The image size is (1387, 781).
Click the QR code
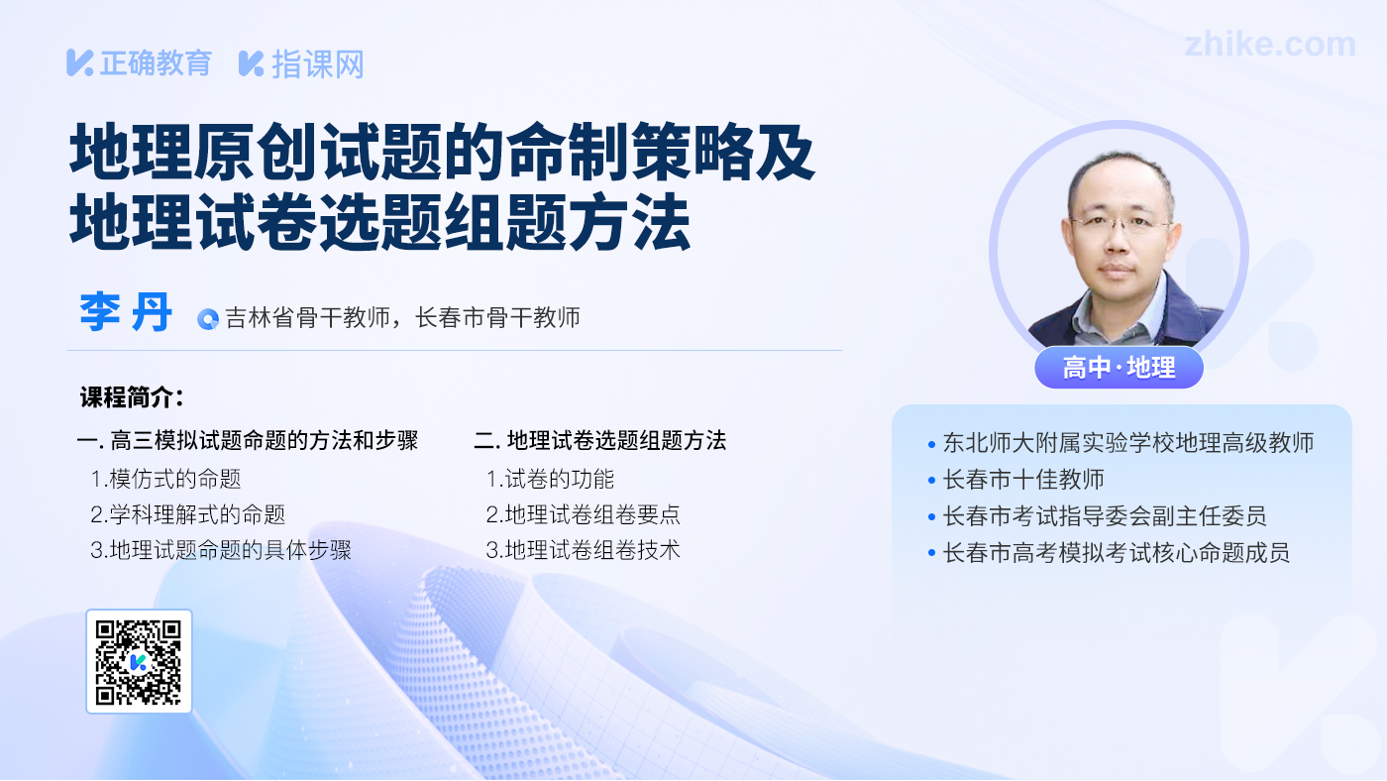pyautogui.click(x=139, y=661)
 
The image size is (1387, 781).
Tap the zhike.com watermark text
pyautogui.click(x=1270, y=45)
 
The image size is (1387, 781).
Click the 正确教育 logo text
pyautogui.click(x=156, y=63)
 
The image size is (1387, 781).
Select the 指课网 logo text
pyautogui.click(x=318, y=64)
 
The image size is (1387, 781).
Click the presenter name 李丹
pyautogui.click(x=126, y=313)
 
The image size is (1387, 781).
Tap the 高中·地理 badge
pyautogui.click(x=1119, y=368)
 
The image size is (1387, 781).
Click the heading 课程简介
pyautogui.click(x=132, y=397)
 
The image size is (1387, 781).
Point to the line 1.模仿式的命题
pyautogui.click(x=165, y=479)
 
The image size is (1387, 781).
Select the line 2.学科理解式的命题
pyautogui.click(x=187, y=514)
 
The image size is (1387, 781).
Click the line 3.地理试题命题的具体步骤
pyautogui.click(x=220, y=550)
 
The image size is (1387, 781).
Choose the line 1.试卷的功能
pyautogui.click(x=550, y=479)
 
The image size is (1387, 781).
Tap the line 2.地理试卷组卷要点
pyautogui.click(x=583, y=514)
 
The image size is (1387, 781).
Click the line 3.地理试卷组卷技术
pyautogui.click(x=583, y=550)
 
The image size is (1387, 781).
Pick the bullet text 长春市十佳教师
pyautogui.click(x=1023, y=480)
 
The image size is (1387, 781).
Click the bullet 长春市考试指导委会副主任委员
pyautogui.click(x=1104, y=516)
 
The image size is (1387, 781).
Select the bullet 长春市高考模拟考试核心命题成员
pyautogui.click(x=1116, y=552)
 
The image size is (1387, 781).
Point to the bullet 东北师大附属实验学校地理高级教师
pyautogui.click(x=1128, y=443)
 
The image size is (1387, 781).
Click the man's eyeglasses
pyautogui.click(x=1119, y=224)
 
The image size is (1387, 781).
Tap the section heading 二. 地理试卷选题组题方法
pyautogui.click(x=600, y=440)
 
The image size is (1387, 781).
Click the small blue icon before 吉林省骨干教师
pyautogui.click(x=207, y=319)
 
